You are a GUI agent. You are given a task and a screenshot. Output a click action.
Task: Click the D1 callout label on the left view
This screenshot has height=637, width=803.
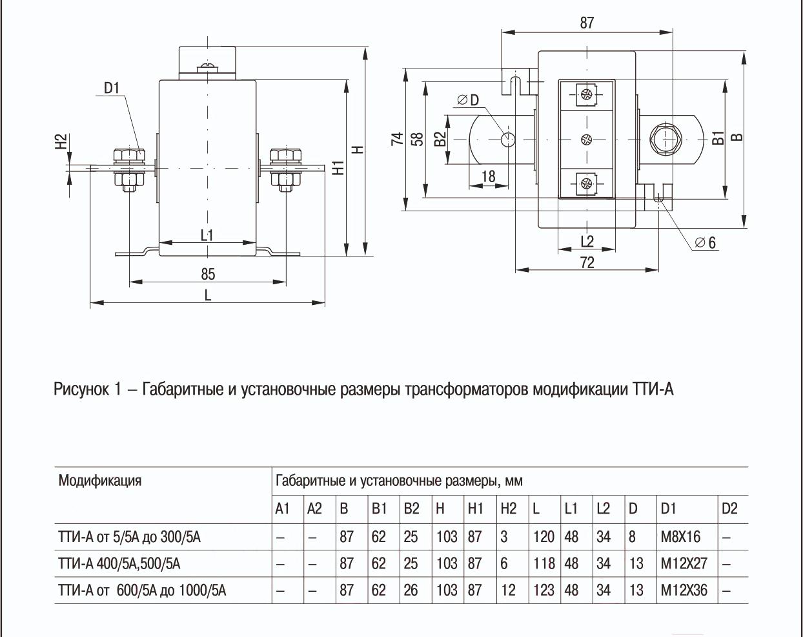[x=112, y=88]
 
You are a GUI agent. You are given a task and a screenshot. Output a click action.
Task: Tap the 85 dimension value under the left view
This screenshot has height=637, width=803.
[x=208, y=274]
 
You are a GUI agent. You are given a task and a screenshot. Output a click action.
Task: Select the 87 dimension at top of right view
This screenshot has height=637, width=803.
[x=587, y=23]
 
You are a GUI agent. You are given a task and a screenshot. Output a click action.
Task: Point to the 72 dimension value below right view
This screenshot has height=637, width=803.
[x=587, y=262]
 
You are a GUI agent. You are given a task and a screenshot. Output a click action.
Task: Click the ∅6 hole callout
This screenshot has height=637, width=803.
[x=705, y=243]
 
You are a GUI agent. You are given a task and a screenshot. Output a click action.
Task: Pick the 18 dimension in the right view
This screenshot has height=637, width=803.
[x=489, y=176]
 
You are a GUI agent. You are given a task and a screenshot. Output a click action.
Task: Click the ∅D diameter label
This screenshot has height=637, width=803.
[x=468, y=100]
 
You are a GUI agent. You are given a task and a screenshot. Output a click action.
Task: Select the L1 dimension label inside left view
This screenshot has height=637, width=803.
[x=207, y=235]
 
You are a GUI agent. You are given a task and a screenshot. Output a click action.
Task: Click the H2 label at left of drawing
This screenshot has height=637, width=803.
[x=61, y=143]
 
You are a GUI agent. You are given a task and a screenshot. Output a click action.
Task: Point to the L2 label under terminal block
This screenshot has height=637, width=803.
[x=587, y=242]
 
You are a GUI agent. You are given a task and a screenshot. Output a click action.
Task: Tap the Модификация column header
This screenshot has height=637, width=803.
[x=100, y=481]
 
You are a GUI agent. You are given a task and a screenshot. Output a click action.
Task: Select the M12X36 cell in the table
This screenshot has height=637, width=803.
[x=684, y=590]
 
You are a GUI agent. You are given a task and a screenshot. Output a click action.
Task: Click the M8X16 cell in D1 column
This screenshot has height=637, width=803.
[x=680, y=537]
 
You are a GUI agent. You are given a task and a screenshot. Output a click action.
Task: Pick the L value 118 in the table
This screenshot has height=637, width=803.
[x=544, y=563]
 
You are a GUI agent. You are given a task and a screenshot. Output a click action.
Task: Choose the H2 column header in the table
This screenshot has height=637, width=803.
[x=509, y=508]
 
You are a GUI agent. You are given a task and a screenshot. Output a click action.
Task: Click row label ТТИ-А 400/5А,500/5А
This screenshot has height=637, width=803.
[x=119, y=563]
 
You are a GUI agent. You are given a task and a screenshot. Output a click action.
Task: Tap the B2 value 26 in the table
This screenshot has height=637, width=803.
[x=411, y=590]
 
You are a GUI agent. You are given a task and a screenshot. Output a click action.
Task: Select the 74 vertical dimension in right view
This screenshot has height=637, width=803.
[x=397, y=139]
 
